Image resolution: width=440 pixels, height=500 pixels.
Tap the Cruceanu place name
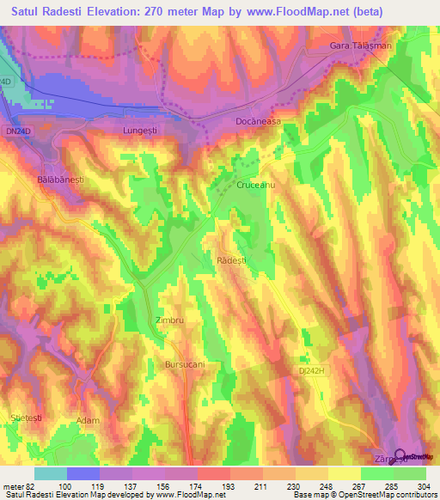coord(255,185)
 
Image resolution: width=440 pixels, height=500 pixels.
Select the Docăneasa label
coord(259,122)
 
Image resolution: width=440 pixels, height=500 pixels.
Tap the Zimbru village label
coord(170,320)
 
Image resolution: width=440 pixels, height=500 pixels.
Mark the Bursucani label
coord(185,364)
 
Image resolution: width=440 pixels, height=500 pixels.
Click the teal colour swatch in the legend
coord(50,473)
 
